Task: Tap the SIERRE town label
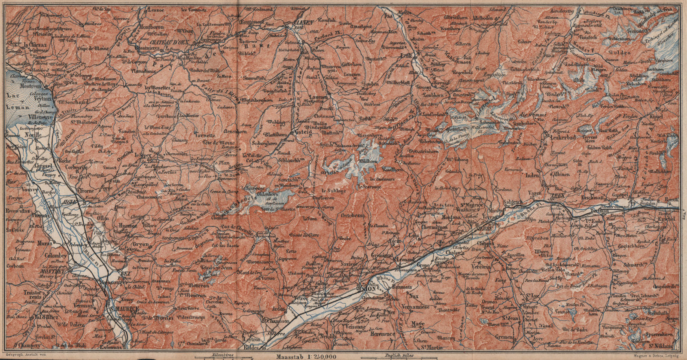[484, 229]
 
